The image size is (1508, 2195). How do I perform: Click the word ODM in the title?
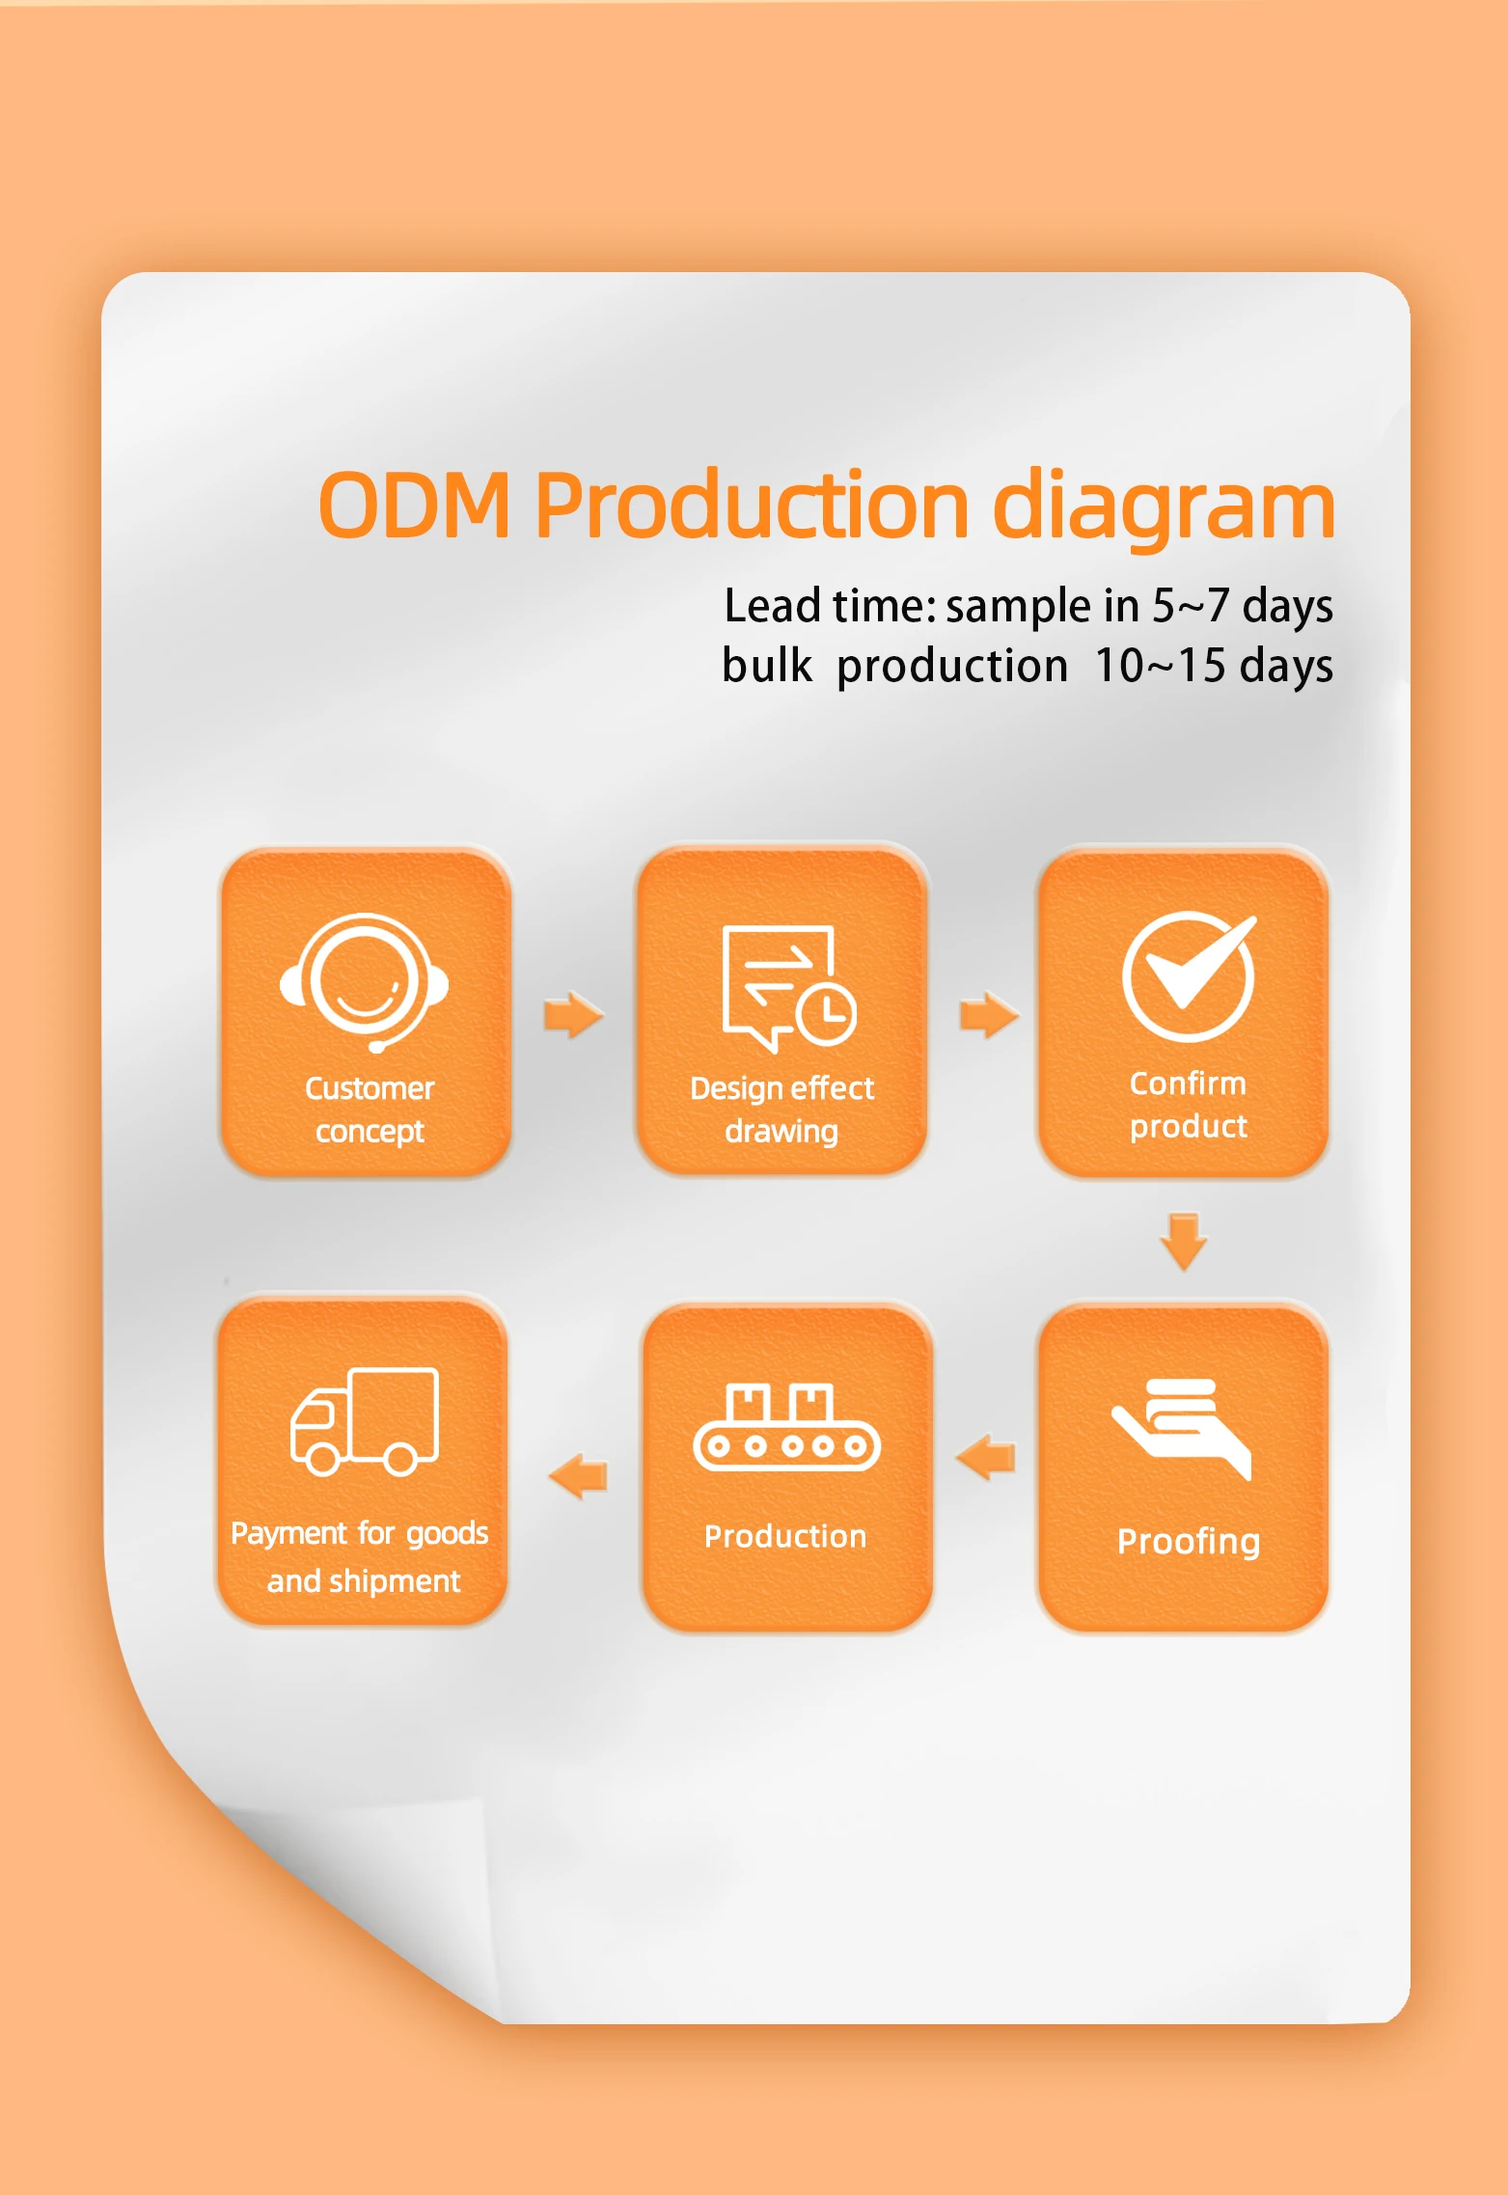415,506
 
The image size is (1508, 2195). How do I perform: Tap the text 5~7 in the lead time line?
1191,606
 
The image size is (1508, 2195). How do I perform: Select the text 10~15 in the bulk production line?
1161,666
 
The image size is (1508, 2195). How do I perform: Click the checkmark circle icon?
1190,975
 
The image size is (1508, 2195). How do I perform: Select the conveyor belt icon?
786,1427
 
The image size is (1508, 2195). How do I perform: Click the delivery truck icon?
365,1421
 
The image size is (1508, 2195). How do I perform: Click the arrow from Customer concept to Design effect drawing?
574,1014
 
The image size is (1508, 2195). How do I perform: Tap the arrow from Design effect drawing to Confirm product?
989,1014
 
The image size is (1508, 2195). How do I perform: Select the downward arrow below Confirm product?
1184,1242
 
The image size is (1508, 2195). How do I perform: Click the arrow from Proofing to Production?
985,1456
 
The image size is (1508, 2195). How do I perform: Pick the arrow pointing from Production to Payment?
578,1476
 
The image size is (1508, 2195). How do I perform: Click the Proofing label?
1189,1542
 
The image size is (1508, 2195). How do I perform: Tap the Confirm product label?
1189,1105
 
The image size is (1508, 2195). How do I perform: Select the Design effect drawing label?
782,1110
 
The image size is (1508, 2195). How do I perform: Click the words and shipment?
364,1581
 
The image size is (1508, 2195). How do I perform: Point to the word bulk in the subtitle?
767,666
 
